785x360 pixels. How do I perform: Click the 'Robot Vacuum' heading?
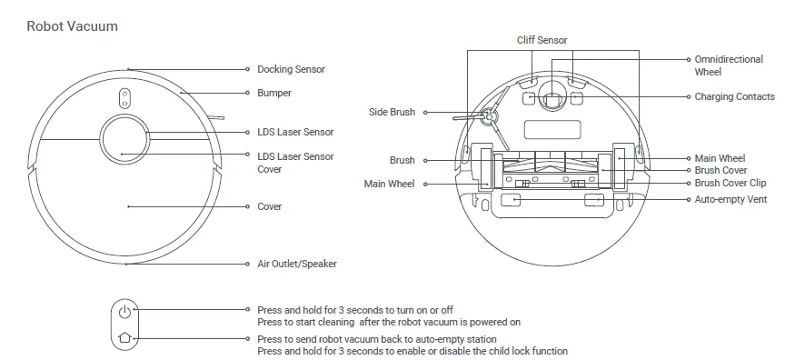pos(72,26)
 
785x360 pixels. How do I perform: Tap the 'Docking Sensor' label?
pos(291,69)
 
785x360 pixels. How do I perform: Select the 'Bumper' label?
pos(274,93)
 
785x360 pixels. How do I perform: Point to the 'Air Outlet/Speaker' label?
pos(297,264)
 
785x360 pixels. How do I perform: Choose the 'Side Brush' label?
pos(392,112)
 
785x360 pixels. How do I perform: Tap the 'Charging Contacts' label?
pos(734,96)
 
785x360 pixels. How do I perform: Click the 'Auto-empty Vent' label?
pos(731,199)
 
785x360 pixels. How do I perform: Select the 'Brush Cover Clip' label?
pos(730,183)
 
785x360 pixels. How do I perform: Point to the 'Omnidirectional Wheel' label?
pos(729,65)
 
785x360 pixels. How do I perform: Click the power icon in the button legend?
pos(125,312)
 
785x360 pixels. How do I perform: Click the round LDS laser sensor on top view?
pos(124,140)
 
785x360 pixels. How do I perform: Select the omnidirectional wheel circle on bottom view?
pos(551,96)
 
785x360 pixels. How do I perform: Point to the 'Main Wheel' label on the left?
pos(389,184)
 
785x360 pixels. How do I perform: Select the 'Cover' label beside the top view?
pos(270,206)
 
